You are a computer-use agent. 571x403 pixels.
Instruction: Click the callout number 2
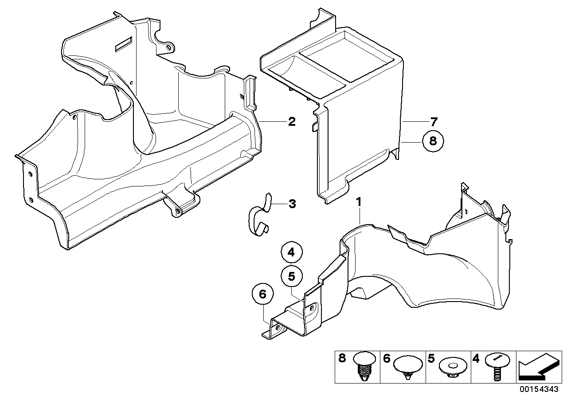point(291,121)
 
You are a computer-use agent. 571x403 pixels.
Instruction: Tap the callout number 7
point(433,121)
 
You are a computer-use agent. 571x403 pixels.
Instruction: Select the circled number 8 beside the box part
point(433,141)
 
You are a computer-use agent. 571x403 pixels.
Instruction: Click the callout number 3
point(292,204)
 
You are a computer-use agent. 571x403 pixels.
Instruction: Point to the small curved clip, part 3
point(258,217)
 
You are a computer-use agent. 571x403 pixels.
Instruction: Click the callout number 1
point(360,202)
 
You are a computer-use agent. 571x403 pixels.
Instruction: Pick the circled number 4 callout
point(291,253)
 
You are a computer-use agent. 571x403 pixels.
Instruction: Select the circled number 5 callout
point(291,276)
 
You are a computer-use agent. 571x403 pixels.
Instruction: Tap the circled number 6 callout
point(262,294)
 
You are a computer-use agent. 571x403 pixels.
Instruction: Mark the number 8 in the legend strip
point(342,358)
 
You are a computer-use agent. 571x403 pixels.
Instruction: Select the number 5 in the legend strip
point(431,358)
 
